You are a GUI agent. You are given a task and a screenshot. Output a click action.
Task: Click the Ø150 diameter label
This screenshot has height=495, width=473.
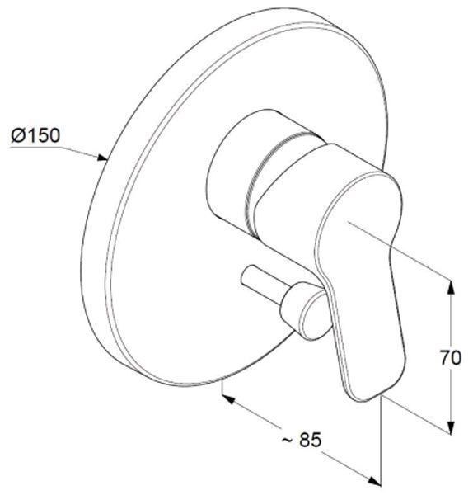tap(35, 135)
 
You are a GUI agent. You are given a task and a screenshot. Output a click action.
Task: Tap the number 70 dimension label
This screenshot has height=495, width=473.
tap(451, 358)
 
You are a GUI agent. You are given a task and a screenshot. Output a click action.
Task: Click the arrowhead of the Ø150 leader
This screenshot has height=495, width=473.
tap(102, 158)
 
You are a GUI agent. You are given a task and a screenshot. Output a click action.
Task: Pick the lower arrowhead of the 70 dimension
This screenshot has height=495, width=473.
tap(452, 427)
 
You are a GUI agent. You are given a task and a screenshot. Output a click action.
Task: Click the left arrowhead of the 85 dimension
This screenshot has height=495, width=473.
tap(228, 398)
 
